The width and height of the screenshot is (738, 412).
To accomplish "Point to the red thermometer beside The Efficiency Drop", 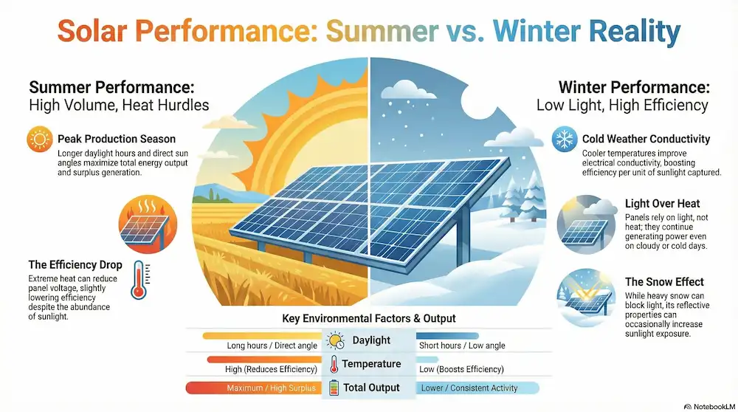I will click(137, 280).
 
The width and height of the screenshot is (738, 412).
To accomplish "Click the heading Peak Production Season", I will click(116, 140).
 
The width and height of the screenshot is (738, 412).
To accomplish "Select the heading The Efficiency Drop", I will click(75, 265).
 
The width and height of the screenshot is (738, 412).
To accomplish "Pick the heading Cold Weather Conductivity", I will click(646, 139).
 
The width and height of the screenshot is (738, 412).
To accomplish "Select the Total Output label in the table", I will click(371, 388).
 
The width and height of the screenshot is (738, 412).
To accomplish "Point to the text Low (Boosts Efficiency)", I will click(461, 368).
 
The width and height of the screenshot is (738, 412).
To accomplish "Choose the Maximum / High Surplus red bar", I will click(251, 388).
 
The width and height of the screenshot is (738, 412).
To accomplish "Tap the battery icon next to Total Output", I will click(334, 388).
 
